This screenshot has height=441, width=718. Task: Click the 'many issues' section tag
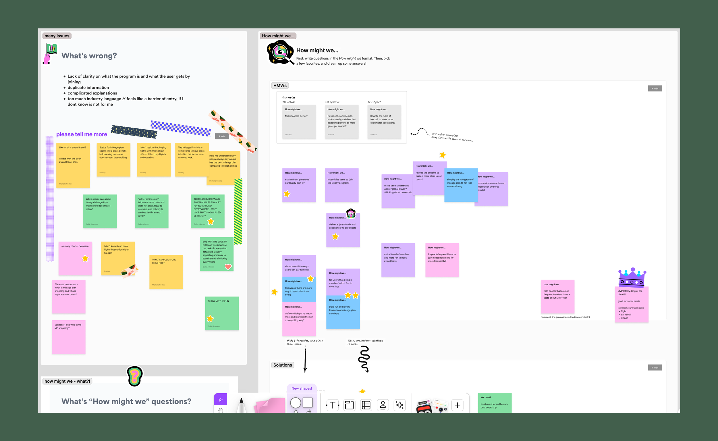pos(57,36)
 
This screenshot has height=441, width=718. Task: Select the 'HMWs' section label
pos(280,85)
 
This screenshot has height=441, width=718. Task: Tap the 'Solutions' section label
pos(283,365)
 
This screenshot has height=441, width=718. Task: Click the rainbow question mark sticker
pos(135,376)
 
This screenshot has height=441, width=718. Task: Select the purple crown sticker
pos(632,277)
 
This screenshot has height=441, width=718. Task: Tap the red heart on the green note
pos(228,267)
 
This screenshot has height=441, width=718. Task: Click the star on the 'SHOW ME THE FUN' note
pos(210,319)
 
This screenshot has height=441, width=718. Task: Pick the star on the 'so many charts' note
pos(85,258)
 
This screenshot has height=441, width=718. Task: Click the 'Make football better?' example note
pos(299,122)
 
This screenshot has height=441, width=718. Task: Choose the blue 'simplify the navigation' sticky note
pos(461,185)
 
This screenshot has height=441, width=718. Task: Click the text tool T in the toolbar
pos(333,405)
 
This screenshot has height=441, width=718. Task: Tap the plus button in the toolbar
pos(457,405)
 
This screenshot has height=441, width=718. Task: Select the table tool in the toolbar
pos(366,405)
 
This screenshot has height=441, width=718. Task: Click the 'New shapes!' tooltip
pos(302,388)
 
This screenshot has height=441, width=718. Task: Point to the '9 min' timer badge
pos(655,367)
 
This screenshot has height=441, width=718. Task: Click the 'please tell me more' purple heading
pos(82,134)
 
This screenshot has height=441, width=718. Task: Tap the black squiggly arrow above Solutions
pos(364,359)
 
